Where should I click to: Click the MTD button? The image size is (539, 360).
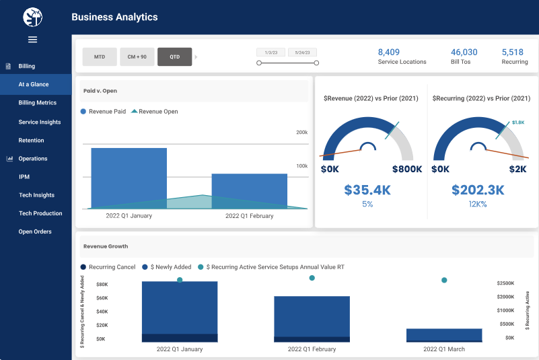click(100, 57)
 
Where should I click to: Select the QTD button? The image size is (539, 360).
click(174, 57)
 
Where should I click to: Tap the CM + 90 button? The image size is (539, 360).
click(137, 57)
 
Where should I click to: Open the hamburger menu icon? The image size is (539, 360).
click(32, 40)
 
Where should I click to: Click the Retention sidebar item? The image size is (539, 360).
click(31, 141)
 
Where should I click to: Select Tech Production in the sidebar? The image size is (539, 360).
click(40, 213)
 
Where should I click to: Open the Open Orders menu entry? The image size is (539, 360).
click(34, 231)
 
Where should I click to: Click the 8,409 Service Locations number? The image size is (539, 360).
click(389, 52)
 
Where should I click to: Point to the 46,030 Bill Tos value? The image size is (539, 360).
click(464, 52)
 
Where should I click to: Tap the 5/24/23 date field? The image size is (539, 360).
click(302, 52)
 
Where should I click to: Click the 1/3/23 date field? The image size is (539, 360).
click(271, 52)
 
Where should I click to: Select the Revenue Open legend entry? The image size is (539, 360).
click(158, 112)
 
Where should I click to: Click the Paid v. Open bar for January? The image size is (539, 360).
click(129, 176)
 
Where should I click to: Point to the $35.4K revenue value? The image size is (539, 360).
click(367, 190)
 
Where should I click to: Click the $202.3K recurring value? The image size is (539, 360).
click(478, 190)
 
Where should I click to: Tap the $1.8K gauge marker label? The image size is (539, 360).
click(517, 122)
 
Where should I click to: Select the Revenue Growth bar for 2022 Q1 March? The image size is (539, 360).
click(444, 335)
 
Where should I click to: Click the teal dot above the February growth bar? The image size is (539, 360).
click(312, 278)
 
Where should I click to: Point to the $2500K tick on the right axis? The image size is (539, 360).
click(505, 283)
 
